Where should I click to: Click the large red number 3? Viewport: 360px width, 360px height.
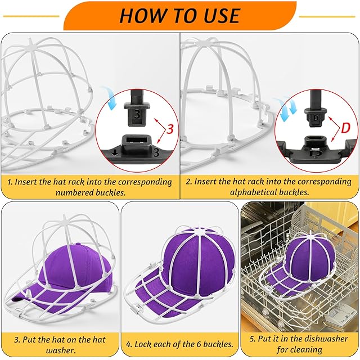170,129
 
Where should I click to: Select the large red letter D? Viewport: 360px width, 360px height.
346,128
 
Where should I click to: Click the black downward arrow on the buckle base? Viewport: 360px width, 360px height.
115,153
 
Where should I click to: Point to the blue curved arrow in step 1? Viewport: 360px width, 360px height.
111,97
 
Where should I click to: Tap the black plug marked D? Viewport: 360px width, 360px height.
316,109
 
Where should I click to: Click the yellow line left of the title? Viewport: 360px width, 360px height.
31,16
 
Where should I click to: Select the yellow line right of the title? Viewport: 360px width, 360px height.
327,16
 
